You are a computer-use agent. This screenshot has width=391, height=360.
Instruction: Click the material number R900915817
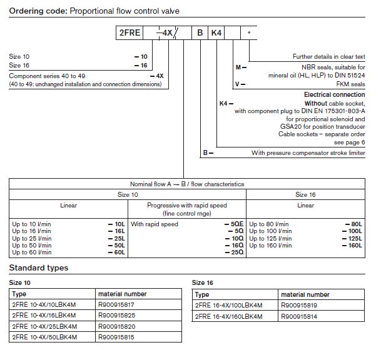click(x=116, y=304)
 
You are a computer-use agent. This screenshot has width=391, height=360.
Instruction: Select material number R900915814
click(x=300, y=316)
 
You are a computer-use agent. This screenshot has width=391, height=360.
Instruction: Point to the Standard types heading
click(x=39, y=268)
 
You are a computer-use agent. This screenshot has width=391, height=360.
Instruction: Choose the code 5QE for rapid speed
click(x=236, y=224)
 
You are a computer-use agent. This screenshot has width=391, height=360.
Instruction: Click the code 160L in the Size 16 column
click(x=355, y=244)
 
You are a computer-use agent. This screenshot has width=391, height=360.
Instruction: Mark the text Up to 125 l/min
click(x=270, y=237)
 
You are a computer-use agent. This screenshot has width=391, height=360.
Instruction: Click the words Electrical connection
click(x=335, y=94)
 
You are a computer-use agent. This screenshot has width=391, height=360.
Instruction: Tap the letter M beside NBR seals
click(x=237, y=66)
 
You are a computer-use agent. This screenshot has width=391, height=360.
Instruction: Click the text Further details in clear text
click(x=328, y=56)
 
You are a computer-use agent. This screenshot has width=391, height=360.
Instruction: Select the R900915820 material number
click(x=116, y=326)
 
